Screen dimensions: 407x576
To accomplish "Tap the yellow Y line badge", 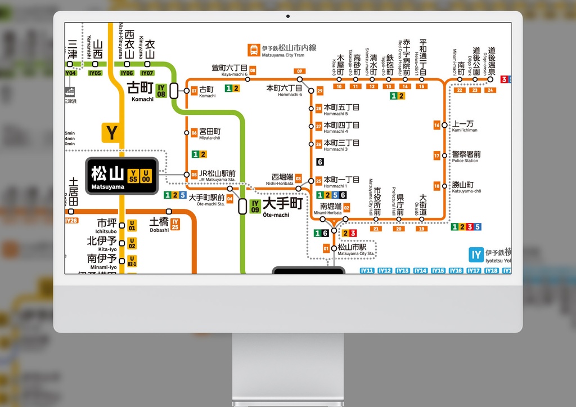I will (x=112, y=133).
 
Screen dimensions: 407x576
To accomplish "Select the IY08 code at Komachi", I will (x=161, y=90).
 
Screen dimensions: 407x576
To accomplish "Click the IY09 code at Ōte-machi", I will (x=255, y=207).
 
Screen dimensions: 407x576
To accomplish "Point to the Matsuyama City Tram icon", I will (x=255, y=50).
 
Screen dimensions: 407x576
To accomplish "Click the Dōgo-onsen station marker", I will (x=490, y=79).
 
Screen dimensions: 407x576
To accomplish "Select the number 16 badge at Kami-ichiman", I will (x=437, y=125).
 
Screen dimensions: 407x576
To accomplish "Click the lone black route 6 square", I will (x=320, y=162).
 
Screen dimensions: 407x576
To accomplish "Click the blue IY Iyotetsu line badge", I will (x=476, y=254).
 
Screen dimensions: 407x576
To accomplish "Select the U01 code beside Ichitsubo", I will (x=132, y=226).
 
